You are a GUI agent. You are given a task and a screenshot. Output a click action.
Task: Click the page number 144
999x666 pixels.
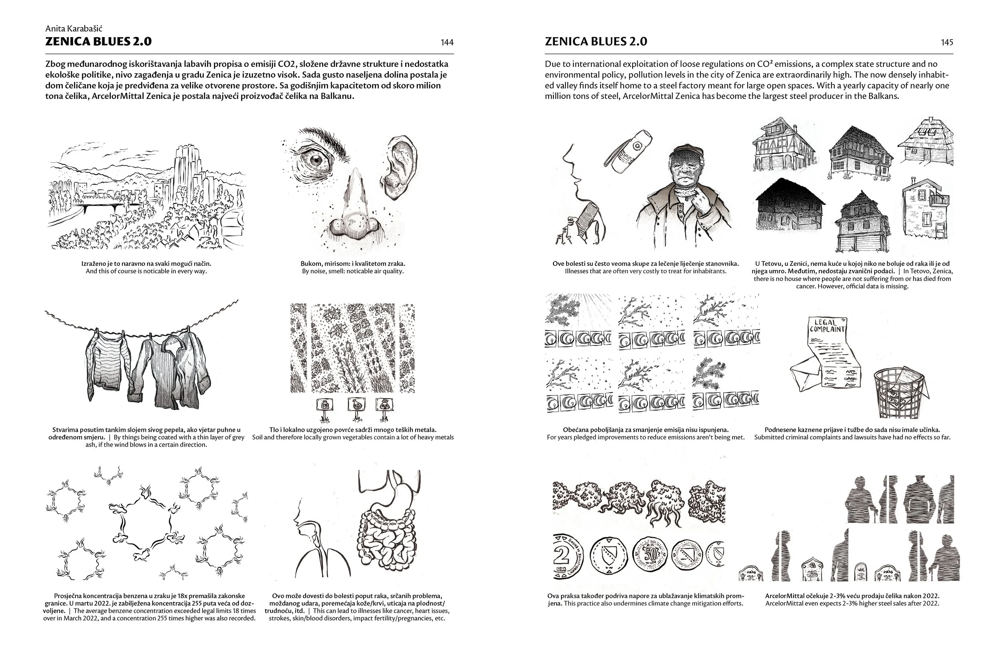447,42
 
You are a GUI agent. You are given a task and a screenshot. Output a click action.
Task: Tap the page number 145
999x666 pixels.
946,42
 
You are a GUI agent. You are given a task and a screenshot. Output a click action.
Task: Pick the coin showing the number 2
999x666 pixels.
567,557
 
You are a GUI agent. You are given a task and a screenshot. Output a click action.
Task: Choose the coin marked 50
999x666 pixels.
649,555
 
